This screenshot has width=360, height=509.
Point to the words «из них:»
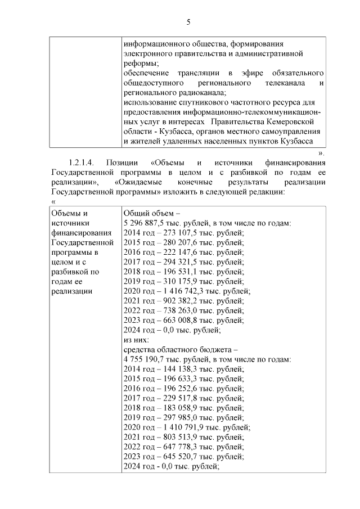[136, 340]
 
